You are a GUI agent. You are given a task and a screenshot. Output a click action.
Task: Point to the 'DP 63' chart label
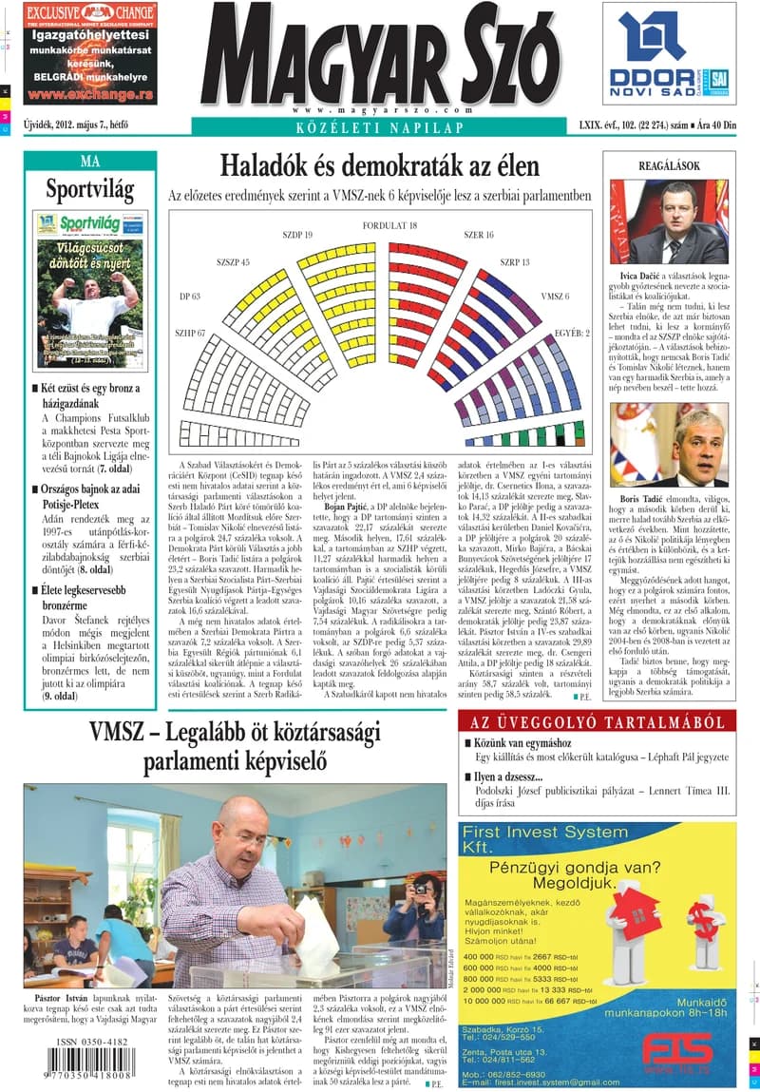(190, 297)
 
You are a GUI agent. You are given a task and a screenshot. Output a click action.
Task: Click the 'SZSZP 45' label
(233, 261)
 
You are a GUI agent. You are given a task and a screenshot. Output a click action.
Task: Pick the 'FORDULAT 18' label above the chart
(389, 225)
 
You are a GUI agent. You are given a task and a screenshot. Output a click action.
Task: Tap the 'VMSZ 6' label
(555, 297)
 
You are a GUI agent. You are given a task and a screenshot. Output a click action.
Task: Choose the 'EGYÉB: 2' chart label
(572, 334)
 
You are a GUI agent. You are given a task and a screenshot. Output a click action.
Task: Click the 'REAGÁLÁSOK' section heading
(669, 165)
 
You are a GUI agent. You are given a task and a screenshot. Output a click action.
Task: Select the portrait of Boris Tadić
(669, 445)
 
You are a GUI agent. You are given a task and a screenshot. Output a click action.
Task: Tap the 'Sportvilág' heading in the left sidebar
(90, 187)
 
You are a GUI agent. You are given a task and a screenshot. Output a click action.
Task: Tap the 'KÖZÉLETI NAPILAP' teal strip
(379, 127)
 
